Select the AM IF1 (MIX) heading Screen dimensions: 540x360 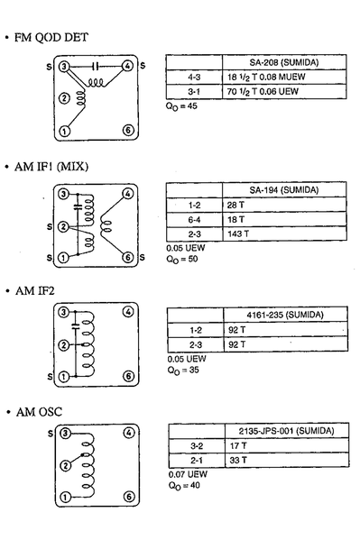tap(57, 167)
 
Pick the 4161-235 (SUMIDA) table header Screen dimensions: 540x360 tap(285, 315)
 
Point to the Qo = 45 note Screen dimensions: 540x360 tap(181, 105)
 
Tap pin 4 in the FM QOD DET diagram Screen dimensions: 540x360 tap(127, 66)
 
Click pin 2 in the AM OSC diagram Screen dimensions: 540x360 tap(63, 466)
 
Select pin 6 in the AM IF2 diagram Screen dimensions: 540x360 tap(127, 375)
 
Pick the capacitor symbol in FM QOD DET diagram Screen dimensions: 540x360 tap(96, 66)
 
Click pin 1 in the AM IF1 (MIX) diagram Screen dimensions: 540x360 tap(63, 258)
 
